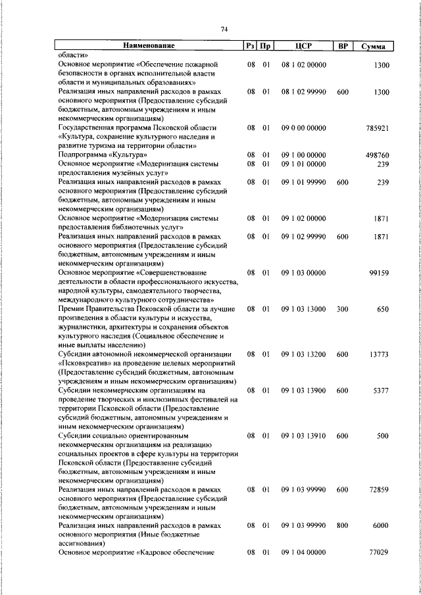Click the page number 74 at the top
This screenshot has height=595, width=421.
tap(224, 28)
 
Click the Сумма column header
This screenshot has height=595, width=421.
tap(373, 46)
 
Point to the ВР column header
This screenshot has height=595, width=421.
tap(342, 46)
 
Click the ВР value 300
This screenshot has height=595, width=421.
tap(342, 308)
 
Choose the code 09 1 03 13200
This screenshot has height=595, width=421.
tap(303, 354)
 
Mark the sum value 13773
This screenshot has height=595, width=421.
tap(380, 354)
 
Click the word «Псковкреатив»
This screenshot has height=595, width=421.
tap(85, 363)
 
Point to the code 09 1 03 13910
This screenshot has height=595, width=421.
tap(303, 435)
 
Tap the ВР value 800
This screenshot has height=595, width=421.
tap(342, 526)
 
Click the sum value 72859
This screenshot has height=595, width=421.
tap(380, 490)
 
